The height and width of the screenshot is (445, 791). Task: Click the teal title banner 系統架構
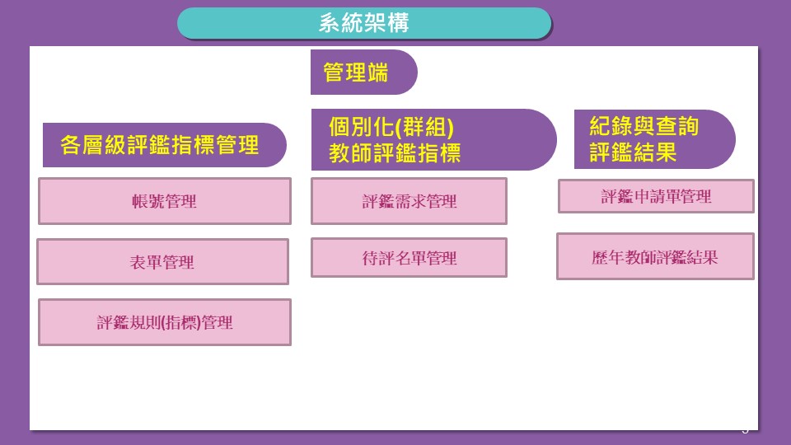click(x=364, y=23)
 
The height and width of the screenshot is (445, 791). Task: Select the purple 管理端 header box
click(x=363, y=73)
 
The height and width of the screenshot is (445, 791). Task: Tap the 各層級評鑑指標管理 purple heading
click(x=165, y=145)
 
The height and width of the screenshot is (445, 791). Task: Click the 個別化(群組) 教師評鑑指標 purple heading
click(x=434, y=140)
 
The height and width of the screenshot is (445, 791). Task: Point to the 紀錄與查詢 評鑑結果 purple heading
click(x=655, y=139)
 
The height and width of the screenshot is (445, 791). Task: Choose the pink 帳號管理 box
click(x=165, y=201)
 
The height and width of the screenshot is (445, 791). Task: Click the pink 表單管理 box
click(x=162, y=262)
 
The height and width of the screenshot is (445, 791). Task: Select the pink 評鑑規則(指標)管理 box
click(x=165, y=322)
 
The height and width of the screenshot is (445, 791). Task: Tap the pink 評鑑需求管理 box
click(x=410, y=201)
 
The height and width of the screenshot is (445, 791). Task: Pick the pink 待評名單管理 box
click(x=410, y=258)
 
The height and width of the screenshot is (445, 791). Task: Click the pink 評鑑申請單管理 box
click(x=656, y=196)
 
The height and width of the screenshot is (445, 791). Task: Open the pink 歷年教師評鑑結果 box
click(x=655, y=256)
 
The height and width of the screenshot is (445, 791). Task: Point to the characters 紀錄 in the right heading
click(x=611, y=126)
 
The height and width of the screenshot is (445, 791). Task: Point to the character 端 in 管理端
click(x=378, y=73)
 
